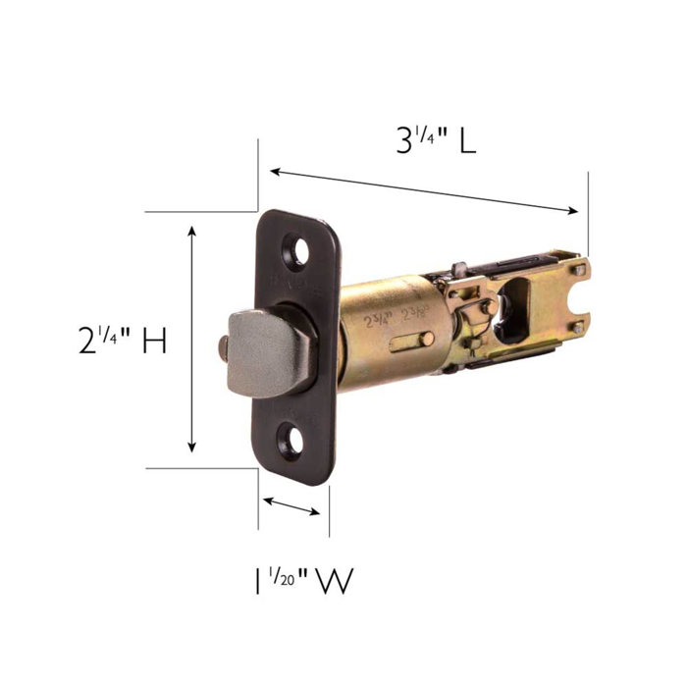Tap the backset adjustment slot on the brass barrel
click(412, 341)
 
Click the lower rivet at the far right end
click(578, 327)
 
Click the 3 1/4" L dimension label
click(436, 141)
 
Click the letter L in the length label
click(466, 141)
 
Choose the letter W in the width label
click(334, 581)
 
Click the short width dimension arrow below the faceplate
click(292, 506)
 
